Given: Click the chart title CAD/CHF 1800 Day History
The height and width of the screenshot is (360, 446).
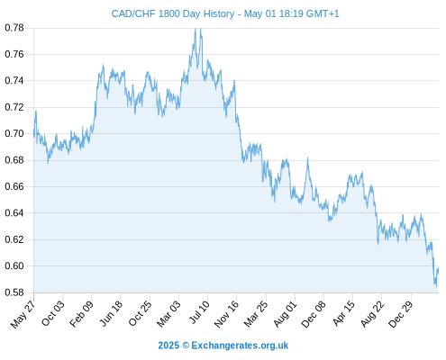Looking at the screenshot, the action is pyautogui.click(x=173, y=13).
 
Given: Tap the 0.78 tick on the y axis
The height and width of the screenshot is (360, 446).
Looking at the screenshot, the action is pyautogui.click(x=14, y=28).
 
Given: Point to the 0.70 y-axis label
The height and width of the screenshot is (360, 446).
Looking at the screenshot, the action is pyautogui.click(x=14, y=133).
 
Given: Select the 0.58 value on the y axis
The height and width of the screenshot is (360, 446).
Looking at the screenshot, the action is pyautogui.click(x=14, y=292).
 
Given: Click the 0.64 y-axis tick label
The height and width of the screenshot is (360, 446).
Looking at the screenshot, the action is pyautogui.click(x=14, y=213).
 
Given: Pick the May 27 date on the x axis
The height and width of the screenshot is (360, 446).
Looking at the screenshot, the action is pyautogui.click(x=23, y=314).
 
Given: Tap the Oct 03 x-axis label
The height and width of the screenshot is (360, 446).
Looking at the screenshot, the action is pyautogui.click(x=53, y=313).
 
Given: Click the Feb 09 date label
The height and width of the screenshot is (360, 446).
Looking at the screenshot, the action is pyautogui.click(x=82, y=313).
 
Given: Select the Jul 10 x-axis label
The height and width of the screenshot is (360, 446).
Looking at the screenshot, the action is pyautogui.click(x=199, y=312).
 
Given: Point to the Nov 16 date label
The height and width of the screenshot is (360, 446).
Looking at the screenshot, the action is pyautogui.click(x=226, y=314).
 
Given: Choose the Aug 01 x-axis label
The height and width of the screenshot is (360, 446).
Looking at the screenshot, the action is pyautogui.click(x=286, y=313).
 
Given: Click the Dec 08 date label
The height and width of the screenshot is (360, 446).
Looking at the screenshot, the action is pyautogui.click(x=314, y=314).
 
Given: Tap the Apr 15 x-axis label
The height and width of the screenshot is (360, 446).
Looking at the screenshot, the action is pyautogui.click(x=344, y=313).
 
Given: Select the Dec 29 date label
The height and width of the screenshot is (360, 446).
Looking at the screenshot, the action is pyautogui.click(x=401, y=314).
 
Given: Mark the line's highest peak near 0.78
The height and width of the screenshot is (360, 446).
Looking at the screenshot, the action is pyautogui.click(x=196, y=29).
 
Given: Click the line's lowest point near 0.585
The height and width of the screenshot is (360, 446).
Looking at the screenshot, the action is pyautogui.click(x=436, y=286).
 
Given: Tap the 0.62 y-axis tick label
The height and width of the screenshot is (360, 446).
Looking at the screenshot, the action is pyautogui.click(x=14, y=239).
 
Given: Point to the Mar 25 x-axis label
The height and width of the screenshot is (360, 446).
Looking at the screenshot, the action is pyautogui.click(x=256, y=314).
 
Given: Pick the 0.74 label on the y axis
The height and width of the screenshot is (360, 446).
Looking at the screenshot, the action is pyautogui.click(x=14, y=81).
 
